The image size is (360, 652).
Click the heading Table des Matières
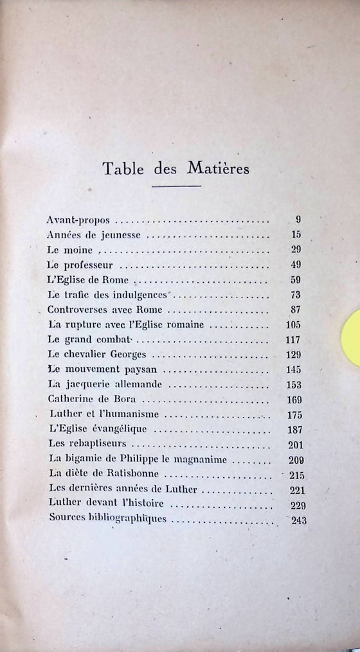(x=176, y=170)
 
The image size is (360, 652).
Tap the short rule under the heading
(x=176, y=187)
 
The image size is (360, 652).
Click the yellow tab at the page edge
(x=352, y=337)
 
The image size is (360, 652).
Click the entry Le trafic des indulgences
(x=107, y=295)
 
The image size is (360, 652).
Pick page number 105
(x=292, y=324)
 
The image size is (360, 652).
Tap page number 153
(x=292, y=385)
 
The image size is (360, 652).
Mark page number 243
(x=298, y=520)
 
